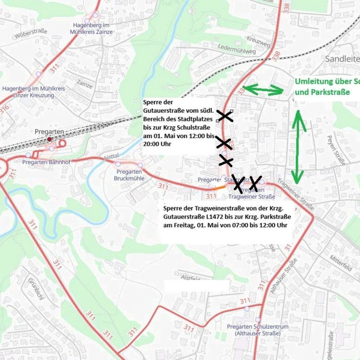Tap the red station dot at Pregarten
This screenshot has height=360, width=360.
pos(49,139)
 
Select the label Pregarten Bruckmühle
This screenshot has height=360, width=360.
pos(129,175)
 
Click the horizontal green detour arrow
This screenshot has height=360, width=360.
pos(264,89)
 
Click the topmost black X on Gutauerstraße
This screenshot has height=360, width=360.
pos(225,116)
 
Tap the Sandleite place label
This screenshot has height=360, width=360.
pos(342,59)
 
